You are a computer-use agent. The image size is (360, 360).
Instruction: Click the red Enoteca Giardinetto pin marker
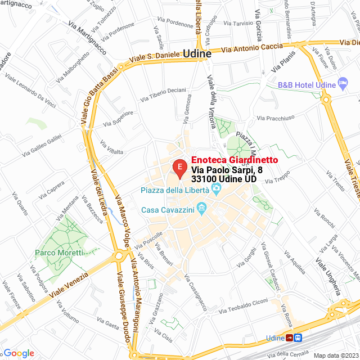pos(179,168)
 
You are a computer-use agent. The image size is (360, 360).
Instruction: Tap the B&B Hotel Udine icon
pos(343,84)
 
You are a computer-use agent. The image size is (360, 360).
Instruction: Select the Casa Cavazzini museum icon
pos(202,210)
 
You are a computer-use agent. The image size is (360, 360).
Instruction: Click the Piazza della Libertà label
pos(175,190)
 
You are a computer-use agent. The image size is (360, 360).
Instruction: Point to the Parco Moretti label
pos(56,253)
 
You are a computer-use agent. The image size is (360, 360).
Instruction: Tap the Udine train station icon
pos(294,337)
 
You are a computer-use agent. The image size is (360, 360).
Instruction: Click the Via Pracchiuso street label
pos(275,118)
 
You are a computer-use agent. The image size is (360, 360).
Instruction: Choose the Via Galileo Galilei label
pos(42,145)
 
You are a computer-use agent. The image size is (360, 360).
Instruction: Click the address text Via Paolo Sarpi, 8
pos(227,170)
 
